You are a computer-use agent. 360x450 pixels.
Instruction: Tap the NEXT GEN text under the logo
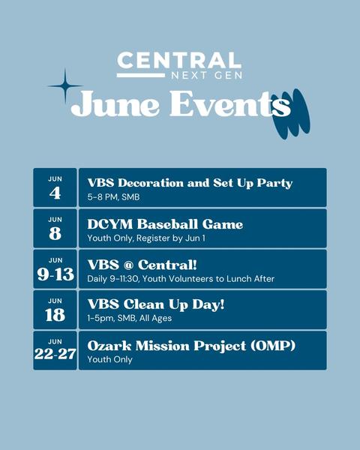coord(207,76)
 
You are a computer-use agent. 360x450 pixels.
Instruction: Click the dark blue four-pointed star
coord(65,85)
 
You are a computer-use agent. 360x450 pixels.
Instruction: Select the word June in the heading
coord(115,103)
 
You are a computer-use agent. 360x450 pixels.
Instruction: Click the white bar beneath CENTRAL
coord(141,76)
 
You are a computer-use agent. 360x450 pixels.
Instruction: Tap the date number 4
coord(55,193)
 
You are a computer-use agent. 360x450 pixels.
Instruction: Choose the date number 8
coord(55,233)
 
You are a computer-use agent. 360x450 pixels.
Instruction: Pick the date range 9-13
coord(55,274)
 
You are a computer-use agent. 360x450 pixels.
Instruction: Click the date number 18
coord(55,315)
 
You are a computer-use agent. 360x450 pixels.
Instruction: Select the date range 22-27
coord(55,354)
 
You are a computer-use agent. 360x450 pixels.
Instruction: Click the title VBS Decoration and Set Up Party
coord(190,184)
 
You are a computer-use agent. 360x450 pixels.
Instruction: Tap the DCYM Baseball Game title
coord(165,224)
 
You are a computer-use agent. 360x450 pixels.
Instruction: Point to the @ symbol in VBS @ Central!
coord(128,265)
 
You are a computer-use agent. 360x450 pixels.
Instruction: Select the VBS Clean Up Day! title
coord(156,304)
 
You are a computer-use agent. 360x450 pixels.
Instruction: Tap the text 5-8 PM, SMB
coord(113,197)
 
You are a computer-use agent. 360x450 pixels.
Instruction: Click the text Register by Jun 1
coord(171,238)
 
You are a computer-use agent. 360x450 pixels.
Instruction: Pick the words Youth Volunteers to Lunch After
coord(208,279)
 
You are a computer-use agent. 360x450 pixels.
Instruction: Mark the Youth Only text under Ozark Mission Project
coord(109,359)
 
